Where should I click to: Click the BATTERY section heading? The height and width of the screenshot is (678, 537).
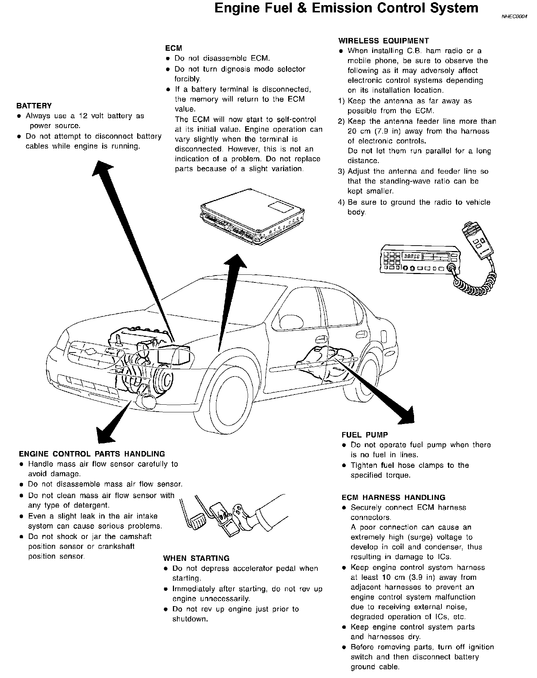[34, 106]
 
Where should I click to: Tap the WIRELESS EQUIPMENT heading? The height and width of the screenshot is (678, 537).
[383, 41]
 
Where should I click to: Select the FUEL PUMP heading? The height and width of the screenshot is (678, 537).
[364, 435]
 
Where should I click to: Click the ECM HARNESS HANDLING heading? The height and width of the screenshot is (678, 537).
[393, 497]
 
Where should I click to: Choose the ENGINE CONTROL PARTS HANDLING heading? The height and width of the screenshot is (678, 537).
[92, 454]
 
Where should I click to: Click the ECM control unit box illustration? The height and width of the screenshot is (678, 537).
[251, 217]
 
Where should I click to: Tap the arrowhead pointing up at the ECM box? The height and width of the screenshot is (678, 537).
[234, 262]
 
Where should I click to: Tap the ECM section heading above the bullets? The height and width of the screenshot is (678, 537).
[174, 48]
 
